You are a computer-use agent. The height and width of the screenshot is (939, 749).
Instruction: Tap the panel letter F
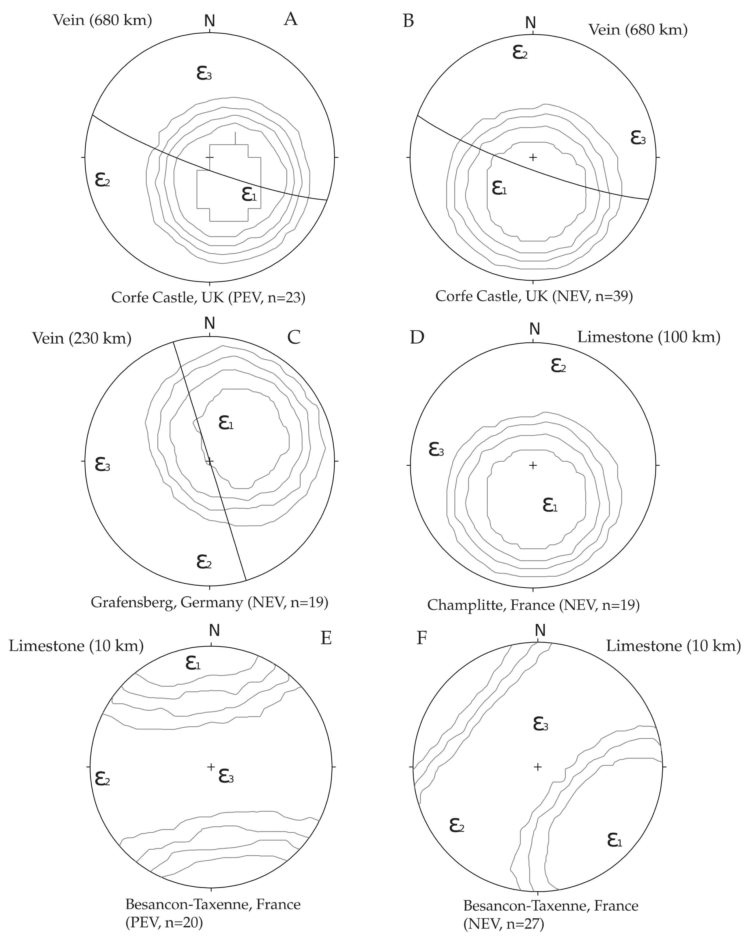[x=421, y=638]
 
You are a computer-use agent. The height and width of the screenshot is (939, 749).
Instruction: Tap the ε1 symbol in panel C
[x=226, y=422]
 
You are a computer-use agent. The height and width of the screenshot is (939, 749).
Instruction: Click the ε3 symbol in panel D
[x=436, y=449]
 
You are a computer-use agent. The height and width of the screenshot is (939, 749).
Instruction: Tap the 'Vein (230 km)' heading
[x=82, y=338]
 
